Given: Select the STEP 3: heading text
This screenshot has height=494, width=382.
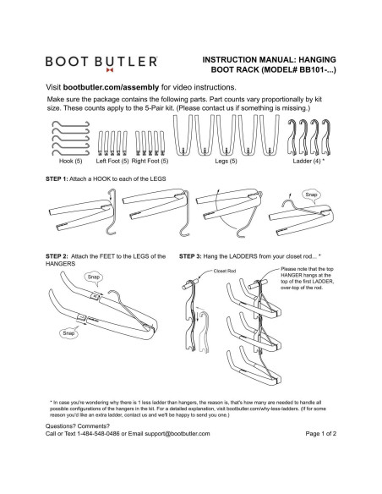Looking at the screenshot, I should click(194, 255).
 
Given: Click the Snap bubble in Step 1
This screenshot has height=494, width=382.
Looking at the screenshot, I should click(311, 194).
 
